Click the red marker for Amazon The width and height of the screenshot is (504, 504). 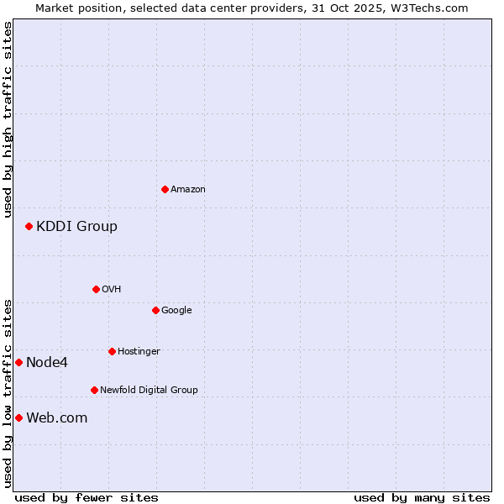pyautogui.click(x=165, y=189)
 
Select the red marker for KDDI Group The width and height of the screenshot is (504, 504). pyautogui.click(x=29, y=226)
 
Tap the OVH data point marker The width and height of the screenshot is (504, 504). pyautogui.click(x=96, y=289)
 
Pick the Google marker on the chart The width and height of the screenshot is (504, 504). pyautogui.click(x=155, y=310)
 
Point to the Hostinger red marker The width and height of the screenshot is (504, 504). pyautogui.click(x=112, y=351)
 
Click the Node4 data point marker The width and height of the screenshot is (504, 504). pyautogui.click(x=18, y=362)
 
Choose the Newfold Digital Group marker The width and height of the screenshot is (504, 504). pyautogui.click(x=94, y=390)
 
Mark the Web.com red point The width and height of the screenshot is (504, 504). pyautogui.click(x=18, y=417)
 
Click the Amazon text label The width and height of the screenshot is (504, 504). pyautogui.click(x=188, y=190)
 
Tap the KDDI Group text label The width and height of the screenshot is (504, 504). pyautogui.click(x=76, y=226)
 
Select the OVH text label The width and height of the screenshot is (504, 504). pyautogui.click(x=112, y=290)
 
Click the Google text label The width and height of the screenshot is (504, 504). pyautogui.click(x=176, y=311)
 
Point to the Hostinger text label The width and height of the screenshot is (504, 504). pyautogui.click(x=139, y=352)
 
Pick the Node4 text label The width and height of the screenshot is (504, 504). pyautogui.click(x=47, y=363)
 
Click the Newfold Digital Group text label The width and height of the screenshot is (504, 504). pyautogui.click(x=149, y=391)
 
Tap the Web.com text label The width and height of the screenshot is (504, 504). pyautogui.click(x=56, y=418)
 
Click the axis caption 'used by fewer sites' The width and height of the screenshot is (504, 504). pyautogui.click(x=87, y=497)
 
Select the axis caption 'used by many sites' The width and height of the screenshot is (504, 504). pyautogui.click(x=422, y=497)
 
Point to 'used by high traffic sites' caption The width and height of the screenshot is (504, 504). pyautogui.click(x=8, y=119)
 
